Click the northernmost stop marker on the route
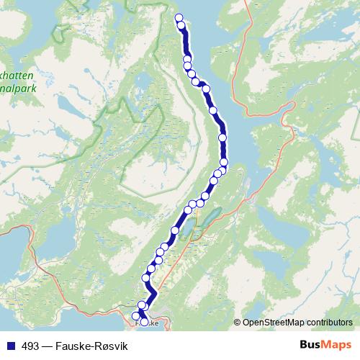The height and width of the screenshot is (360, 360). (x=179, y=19)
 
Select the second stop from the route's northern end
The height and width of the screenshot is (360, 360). (x=181, y=26)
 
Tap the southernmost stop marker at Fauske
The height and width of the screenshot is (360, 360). (x=144, y=323)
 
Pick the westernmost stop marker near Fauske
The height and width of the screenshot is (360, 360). (x=135, y=315)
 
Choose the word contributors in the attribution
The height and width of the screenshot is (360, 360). (x=330, y=322)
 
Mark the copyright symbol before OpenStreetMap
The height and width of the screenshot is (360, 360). (x=238, y=322)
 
